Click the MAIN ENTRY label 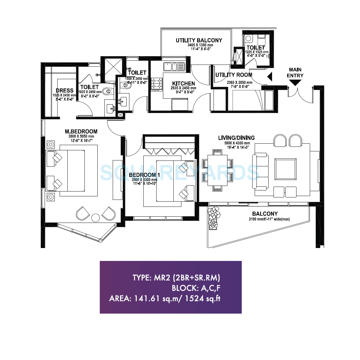click(295, 73)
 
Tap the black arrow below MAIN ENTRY click(295, 83)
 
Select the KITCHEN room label click(183, 83)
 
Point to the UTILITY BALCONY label click(199, 40)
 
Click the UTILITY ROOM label click(233, 75)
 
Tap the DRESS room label click(64, 90)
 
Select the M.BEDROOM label click(81, 132)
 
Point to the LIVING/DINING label click(237, 138)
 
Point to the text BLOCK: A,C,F click(196, 288)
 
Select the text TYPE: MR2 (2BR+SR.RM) click(176, 278)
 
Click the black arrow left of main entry click(269, 76)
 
